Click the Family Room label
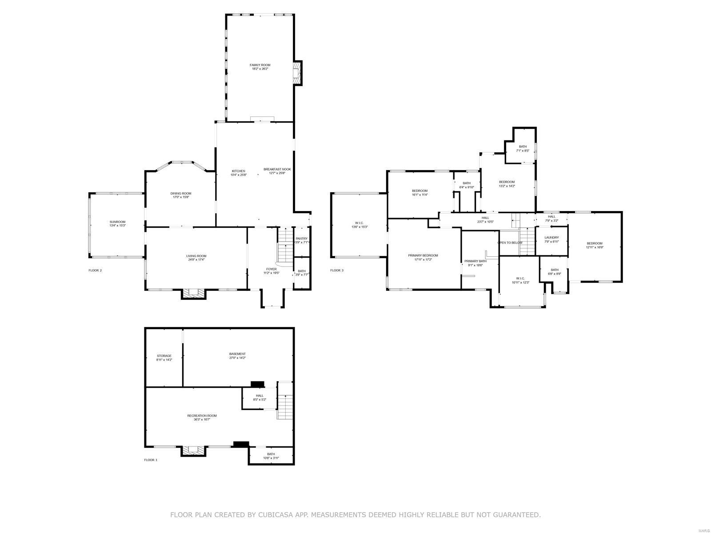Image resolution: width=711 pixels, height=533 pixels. (x=260, y=65)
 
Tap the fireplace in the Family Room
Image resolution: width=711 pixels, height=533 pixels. (x=296, y=72)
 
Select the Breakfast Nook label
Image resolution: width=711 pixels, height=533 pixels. (x=277, y=169)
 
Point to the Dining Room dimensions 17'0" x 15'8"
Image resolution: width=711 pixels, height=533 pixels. (x=181, y=197)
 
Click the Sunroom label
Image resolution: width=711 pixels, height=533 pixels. (x=117, y=222)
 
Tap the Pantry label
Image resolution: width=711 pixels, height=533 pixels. (x=301, y=239)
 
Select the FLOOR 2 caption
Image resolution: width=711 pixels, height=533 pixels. (x=95, y=270)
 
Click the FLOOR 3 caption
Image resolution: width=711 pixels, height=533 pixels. (x=337, y=270)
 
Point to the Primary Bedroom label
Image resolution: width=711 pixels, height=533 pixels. (x=423, y=255)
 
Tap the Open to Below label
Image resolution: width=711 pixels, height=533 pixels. (x=510, y=243)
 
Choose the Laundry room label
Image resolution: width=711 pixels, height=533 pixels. (x=551, y=238)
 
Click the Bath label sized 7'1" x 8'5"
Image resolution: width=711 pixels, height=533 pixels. (x=523, y=147)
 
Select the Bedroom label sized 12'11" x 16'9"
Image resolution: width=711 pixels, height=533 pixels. (x=595, y=243)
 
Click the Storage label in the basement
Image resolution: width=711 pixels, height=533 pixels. (x=164, y=356)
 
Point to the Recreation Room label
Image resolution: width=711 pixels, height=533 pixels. (x=202, y=416)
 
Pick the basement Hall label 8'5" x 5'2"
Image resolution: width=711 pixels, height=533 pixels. (x=260, y=395)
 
